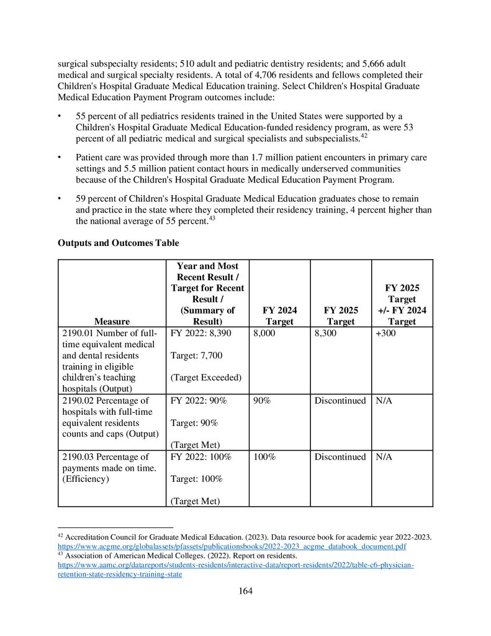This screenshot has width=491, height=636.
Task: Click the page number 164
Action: click(x=245, y=591)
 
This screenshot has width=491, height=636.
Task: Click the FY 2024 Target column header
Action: click(x=279, y=316)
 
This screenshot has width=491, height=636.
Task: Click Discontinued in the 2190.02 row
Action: click(x=340, y=401)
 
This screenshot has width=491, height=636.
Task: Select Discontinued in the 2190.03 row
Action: click(x=340, y=457)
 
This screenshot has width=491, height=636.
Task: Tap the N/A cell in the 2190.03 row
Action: click(x=384, y=457)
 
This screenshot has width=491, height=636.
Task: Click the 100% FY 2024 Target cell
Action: click(x=264, y=457)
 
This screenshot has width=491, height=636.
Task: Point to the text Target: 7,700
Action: click(x=196, y=356)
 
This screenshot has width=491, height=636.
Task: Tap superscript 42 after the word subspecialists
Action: click(x=364, y=134)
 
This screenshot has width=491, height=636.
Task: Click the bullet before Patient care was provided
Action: click(x=60, y=158)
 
